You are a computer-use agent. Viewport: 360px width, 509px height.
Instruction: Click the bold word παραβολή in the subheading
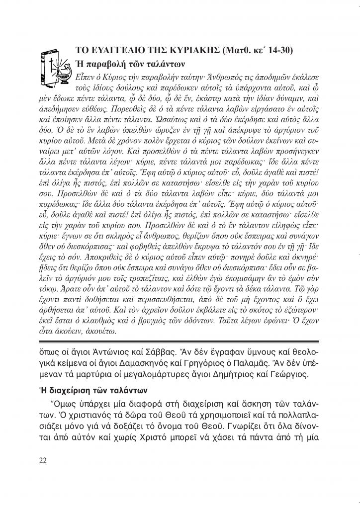coord(105,64)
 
